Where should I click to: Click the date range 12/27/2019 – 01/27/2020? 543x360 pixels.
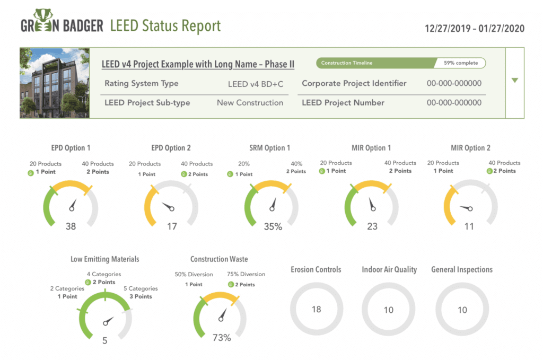475,28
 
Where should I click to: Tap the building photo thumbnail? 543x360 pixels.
55,83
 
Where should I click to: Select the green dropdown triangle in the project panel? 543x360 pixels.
514,81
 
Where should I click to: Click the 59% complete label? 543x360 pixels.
460,63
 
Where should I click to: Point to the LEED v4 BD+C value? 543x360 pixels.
255,84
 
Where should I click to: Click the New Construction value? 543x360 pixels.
250,103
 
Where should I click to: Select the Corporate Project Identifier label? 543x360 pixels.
354,83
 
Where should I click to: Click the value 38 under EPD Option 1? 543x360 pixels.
71,226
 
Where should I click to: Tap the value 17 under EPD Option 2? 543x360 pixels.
172,226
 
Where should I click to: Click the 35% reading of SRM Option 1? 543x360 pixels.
273,226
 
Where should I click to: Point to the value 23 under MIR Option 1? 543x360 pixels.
372,226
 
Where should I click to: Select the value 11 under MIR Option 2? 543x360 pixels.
469,226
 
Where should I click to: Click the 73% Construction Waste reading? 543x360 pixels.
222,338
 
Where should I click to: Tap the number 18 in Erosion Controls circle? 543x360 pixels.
316,309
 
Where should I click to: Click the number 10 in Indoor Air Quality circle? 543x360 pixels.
389,310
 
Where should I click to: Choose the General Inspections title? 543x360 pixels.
462,270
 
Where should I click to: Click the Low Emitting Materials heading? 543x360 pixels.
105,259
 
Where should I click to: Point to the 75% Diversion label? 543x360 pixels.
246,274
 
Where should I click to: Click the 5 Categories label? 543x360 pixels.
141,288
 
